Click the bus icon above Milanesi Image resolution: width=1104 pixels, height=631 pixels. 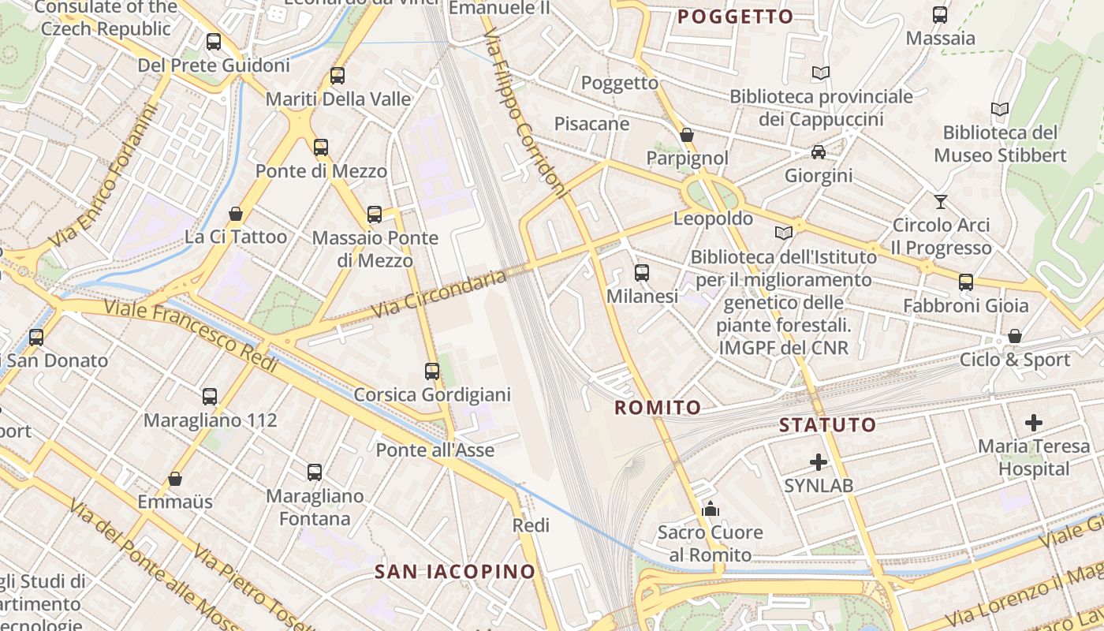coord(642,273)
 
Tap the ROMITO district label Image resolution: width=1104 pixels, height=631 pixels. coord(658,408)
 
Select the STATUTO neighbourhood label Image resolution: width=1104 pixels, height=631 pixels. coord(827,425)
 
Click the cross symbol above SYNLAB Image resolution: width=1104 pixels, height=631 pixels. coord(819,461)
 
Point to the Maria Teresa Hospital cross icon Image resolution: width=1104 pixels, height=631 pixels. coord(1033,423)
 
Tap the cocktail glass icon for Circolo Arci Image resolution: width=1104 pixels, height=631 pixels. coord(940,201)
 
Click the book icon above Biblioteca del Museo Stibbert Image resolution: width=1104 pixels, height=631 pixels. coord(1000,110)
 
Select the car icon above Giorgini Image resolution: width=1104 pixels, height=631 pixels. coord(819,151)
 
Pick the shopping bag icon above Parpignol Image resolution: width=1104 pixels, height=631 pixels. coord(687,135)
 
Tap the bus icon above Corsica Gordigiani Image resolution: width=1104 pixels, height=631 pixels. coord(432,371)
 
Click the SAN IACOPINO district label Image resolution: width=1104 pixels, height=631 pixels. coord(455,571)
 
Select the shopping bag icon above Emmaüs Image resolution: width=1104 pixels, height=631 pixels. coord(175,479)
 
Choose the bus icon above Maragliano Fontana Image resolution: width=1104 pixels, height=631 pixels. coord(315,472)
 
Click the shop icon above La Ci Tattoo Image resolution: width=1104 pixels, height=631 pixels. coord(235,214)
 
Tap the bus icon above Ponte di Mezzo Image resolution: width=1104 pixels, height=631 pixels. coord(320,147)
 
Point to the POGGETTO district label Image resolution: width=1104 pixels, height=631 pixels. coord(735,17)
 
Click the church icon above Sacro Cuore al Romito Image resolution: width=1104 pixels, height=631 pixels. coord(711,509)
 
